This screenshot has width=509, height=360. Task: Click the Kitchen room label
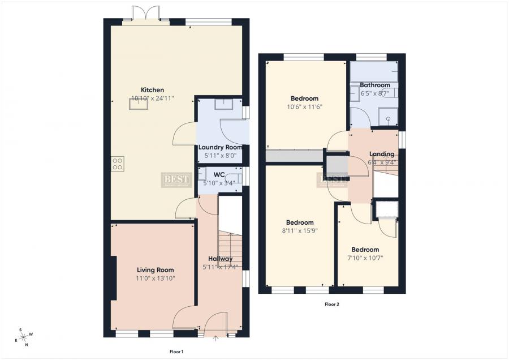[152, 90]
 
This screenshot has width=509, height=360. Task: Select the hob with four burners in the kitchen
[118, 164]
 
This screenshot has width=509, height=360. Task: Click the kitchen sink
[139, 105]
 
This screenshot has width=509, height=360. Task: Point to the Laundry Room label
[220, 147]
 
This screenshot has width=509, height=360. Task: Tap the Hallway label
[220, 259]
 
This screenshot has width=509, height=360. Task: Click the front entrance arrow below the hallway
[215, 340]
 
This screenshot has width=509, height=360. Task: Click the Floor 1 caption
[176, 352]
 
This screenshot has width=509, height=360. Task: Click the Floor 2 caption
[331, 304]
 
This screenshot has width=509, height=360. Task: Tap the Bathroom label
[374, 85]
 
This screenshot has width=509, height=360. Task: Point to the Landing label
[382, 154]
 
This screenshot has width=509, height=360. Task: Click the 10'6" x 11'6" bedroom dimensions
[305, 106]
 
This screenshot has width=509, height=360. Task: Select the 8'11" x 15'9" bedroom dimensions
[300, 230]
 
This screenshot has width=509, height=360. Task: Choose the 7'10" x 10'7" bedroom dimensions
[365, 258]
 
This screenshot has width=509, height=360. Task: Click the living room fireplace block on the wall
[114, 278]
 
